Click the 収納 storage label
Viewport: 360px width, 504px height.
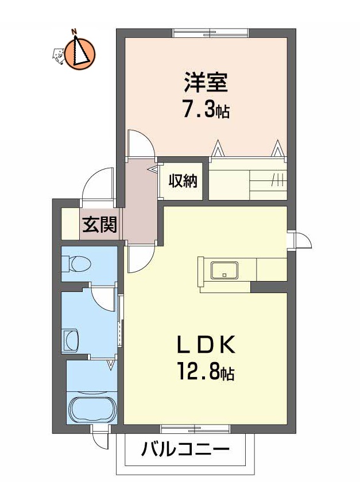point(183,181)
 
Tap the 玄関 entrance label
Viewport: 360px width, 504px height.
point(99,225)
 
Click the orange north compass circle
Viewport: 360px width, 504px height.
point(80,53)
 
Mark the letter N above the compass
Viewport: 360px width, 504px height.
point(75,32)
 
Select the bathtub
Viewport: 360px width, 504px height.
point(92,409)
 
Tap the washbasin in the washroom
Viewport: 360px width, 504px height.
point(71,340)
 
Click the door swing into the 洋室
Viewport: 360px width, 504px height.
point(140,143)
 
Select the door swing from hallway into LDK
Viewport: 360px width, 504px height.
point(140,258)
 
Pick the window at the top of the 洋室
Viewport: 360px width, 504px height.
point(211,33)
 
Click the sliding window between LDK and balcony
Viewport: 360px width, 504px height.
point(195,428)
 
